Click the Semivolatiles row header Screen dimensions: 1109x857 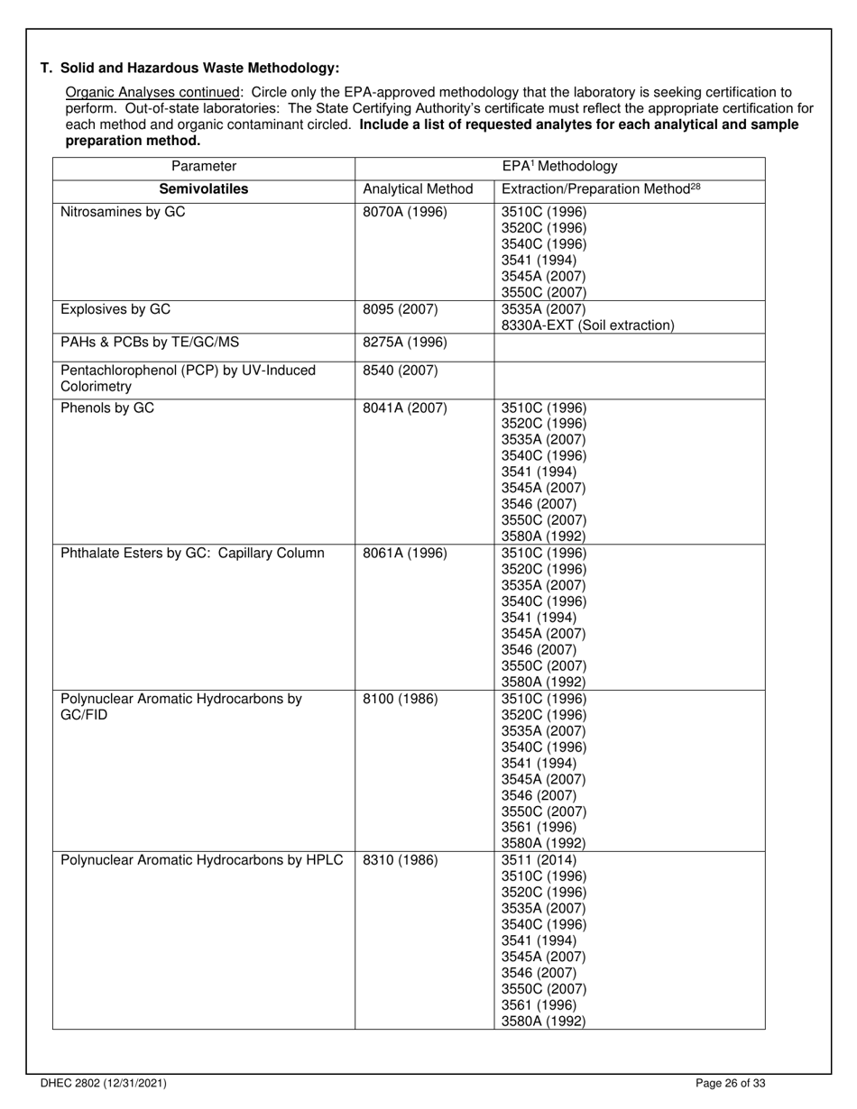click(x=204, y=189)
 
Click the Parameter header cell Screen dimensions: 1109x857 click(x=204, y=167)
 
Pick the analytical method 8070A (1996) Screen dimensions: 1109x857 click(x=404, y=213)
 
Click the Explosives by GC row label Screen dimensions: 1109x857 click(x=115, y=310)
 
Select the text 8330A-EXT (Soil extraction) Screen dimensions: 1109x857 click(x=587, y=325)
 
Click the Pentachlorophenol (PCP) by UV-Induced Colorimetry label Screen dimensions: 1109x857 click(x=188, y=379)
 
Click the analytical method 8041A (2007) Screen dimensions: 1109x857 click(x=404, y=408)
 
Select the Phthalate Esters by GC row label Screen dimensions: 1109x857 click(x=192, y=553)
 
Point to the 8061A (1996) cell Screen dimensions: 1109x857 click(x=404, y=553)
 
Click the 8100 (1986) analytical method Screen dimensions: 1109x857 click(x=401, y=699)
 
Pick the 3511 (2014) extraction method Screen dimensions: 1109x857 click(x=539, y=859)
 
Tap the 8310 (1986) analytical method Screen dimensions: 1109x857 click(x=401, y=859)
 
